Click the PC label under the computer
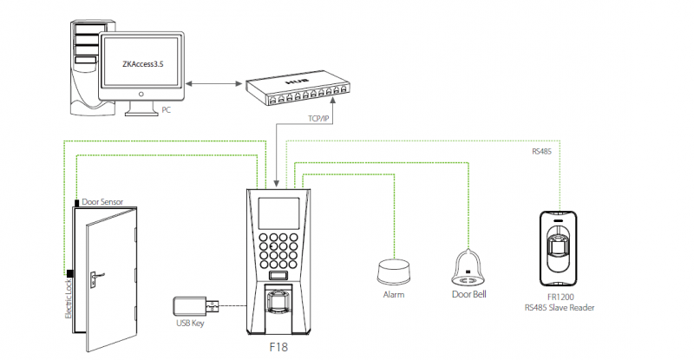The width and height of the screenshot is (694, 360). (x=167, y=110)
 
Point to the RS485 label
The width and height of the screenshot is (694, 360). (x=543, y=151)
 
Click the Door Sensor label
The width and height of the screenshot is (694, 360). (x=102, y=201)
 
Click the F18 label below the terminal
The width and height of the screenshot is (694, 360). (x=278, y=348)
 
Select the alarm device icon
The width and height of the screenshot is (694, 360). (x=395, y=271)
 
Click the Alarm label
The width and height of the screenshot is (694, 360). (x=395, y=295)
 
